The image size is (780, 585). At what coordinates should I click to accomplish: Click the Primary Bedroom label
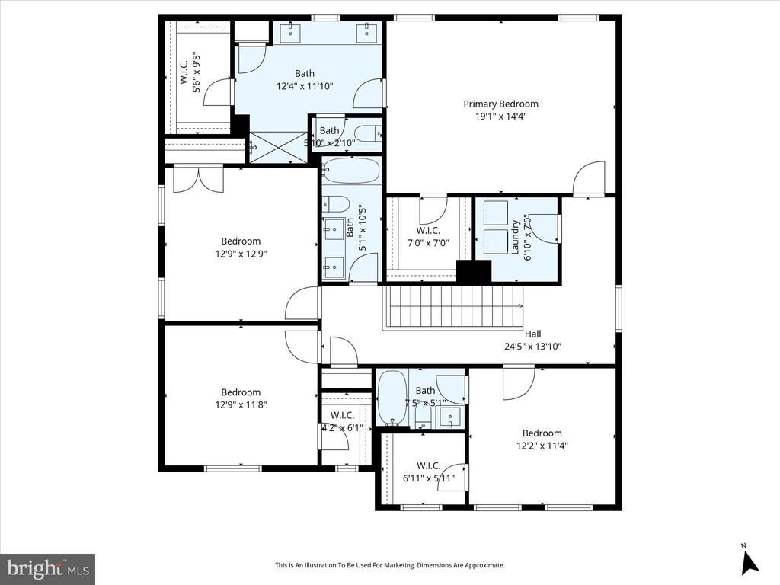500,104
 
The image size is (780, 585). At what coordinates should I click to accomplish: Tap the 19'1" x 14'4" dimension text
500,117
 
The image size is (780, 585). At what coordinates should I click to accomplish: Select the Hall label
533,334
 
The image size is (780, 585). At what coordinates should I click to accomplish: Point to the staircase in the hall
454,307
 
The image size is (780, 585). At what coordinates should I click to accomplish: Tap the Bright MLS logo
47,568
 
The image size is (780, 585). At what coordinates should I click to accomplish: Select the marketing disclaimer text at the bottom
389,565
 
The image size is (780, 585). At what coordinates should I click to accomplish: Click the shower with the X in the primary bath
278,147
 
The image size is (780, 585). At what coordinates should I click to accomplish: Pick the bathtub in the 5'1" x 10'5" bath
350,171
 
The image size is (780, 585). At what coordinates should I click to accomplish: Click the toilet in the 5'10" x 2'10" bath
369,134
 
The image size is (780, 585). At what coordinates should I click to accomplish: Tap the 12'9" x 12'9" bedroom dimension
241,254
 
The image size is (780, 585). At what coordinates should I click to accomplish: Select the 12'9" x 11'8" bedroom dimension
241,405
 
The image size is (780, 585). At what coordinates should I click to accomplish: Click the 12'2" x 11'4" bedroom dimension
542,446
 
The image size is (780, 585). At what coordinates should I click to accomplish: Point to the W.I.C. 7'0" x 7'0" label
427,237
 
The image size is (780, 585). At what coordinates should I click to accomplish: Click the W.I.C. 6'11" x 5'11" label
427,472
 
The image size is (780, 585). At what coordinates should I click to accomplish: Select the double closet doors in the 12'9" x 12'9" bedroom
198,180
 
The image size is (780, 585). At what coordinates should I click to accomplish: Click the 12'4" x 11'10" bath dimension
305,86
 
